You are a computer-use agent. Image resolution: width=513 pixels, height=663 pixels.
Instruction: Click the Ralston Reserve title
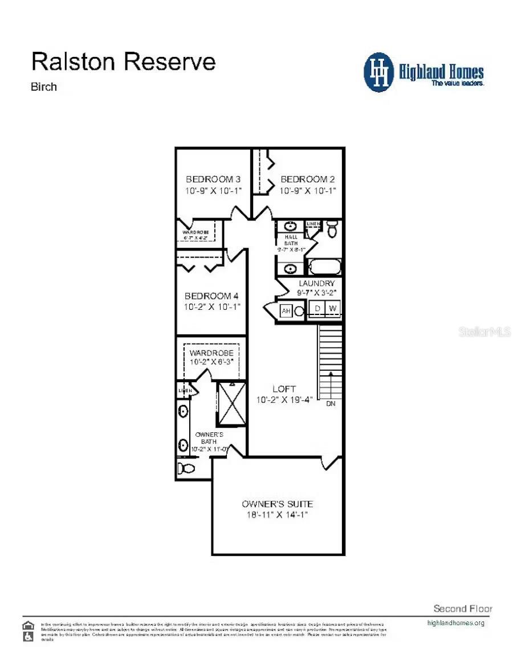[x=124, y=61]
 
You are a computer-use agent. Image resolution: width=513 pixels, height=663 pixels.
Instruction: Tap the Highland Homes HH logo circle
[x=379, y=72]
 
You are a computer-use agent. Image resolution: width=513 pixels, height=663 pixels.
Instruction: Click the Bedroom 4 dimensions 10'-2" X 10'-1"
[x=212, y=306]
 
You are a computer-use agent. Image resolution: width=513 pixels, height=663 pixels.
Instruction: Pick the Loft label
[x=284, y=389]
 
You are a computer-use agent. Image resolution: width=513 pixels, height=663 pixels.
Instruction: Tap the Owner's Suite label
[x=277, y=504]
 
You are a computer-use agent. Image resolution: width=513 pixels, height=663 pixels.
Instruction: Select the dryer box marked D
[x=317, y=309]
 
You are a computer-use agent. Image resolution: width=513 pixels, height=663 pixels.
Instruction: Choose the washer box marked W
[x=333, y=309]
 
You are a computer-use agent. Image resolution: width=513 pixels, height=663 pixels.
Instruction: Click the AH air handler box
[x=286, y=311]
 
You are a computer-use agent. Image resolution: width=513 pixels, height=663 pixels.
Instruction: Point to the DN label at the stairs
[x=331, y=404]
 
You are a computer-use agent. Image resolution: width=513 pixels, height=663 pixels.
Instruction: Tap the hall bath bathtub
[x=324, y=267]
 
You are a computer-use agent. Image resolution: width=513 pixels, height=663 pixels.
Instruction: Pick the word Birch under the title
[x=44, y=87]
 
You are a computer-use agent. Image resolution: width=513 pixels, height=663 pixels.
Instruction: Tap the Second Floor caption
[x=463, y=608]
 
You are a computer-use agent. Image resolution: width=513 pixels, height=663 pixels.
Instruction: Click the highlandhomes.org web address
[x=455, y=623]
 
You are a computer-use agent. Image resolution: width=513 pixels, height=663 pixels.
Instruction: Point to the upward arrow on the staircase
[x=331, y=382]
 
